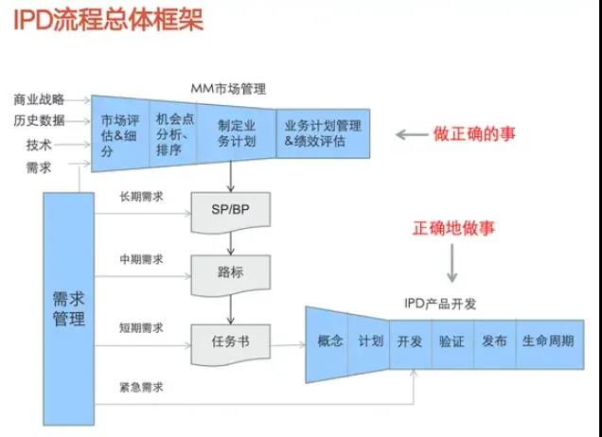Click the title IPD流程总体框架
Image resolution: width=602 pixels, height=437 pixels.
[108, 21]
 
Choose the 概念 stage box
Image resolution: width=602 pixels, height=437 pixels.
[329, 341]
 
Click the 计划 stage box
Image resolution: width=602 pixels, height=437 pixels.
[371, 341]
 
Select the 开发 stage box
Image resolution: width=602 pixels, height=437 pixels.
[410, 341]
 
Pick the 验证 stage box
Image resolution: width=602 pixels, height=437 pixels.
[451, 341]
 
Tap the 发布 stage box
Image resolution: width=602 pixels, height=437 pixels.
[494, 341]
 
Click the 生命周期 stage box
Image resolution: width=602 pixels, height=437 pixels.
[547, 341]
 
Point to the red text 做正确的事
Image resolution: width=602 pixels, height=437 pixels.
[475, 134]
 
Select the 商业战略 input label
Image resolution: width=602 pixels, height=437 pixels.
[40, 99]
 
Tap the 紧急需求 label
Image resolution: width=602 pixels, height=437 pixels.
[141, 387]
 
